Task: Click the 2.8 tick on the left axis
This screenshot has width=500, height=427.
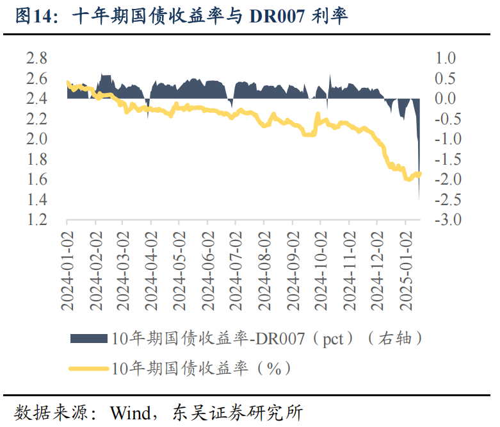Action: tap(36, 59)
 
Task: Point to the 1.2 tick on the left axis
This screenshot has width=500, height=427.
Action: tap(36, 220)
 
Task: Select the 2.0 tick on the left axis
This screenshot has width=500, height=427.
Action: tap(36, 139)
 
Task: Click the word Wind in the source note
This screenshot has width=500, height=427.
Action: tap(129, 411)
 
